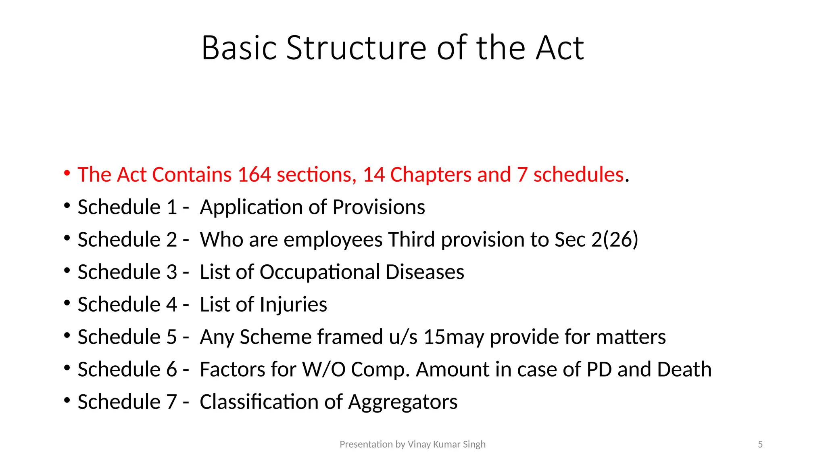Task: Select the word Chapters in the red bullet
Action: pyautogui.click(x=431, y=175)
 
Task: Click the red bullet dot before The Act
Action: pyautogui.click(x=67, y=174)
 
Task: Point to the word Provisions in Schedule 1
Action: pyautogui.click(x=379, y=207)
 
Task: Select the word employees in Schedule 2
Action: pyautogui.click(x=333, y=240)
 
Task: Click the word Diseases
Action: pyautogui.click(x=425, y=272)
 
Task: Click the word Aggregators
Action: pyautogui.click(x=403, y=402)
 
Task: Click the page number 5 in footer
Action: pyautogui.click(x=760, y=444)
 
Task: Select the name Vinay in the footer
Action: pyautogui.click(x=419, y=444)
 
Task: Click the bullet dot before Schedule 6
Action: pyautogui.click(x=67, y=368)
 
